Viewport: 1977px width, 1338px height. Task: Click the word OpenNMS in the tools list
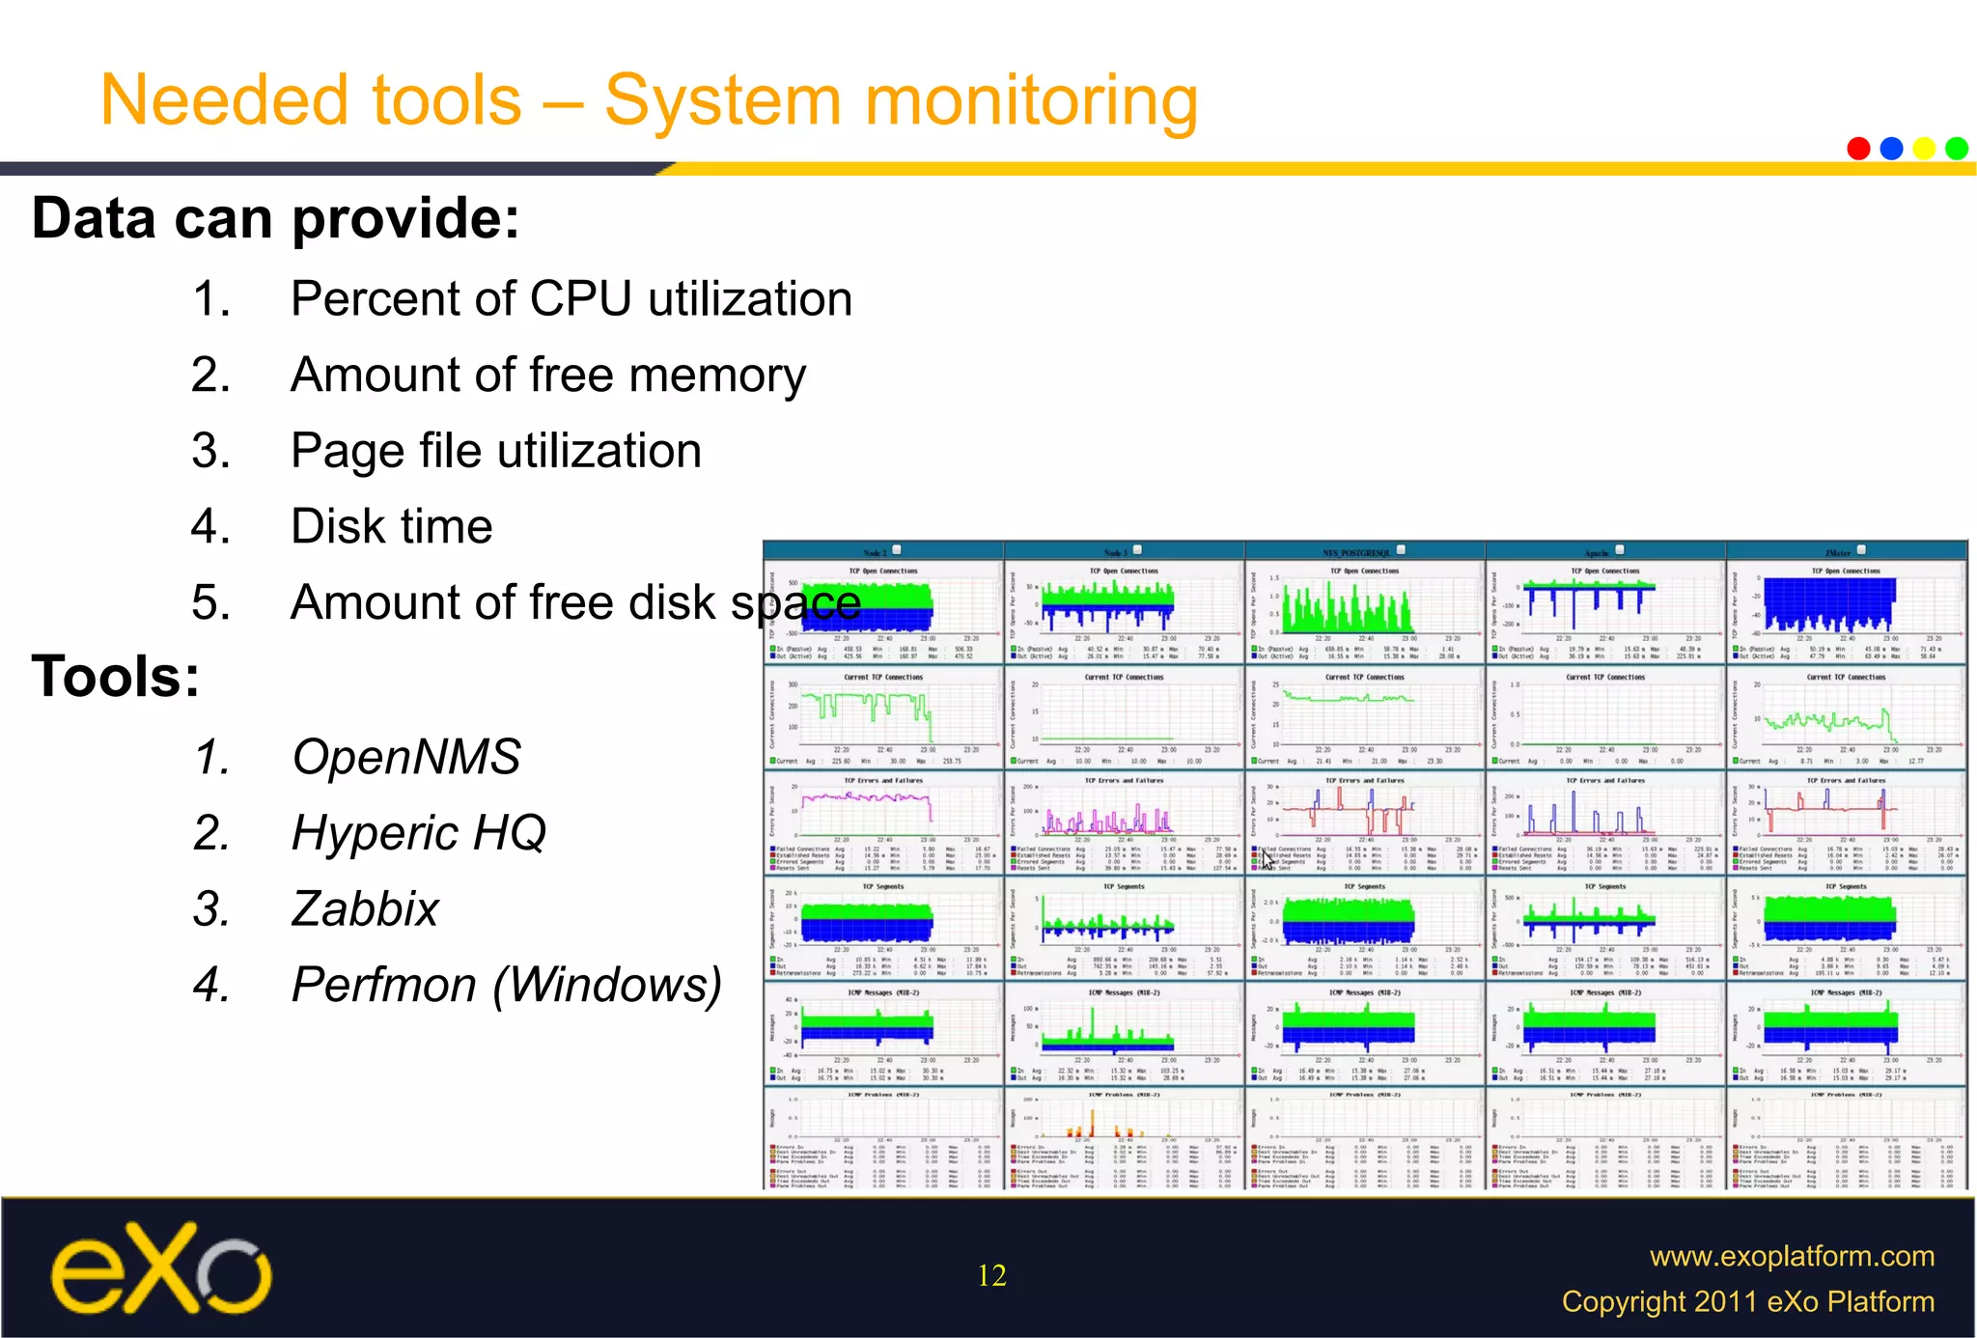[406, 757]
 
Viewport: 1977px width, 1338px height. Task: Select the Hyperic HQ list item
[418, 833]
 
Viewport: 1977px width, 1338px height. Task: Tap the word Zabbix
[365, 909]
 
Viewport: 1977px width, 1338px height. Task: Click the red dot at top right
[1858, 148]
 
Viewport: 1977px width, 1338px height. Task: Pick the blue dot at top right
[1891, 148]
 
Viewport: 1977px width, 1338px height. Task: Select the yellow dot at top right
[1924, 148]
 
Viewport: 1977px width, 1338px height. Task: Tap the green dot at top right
[1957, 148]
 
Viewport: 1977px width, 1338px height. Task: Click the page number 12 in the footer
[991, 1275]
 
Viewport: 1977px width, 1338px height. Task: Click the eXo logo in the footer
[161, 1268]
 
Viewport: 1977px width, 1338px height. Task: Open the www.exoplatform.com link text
[1792, 1256]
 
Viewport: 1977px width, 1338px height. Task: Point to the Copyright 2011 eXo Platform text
[1747, 1301]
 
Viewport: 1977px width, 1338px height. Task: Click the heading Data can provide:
[275, 218]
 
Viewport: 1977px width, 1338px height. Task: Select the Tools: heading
[116, 676]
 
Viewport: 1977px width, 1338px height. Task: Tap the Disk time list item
[391, 527]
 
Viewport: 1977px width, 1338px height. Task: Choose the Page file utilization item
[495, 451]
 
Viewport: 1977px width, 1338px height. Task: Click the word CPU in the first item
[580, 298]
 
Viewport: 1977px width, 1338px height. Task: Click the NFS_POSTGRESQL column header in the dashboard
[1356, 553]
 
